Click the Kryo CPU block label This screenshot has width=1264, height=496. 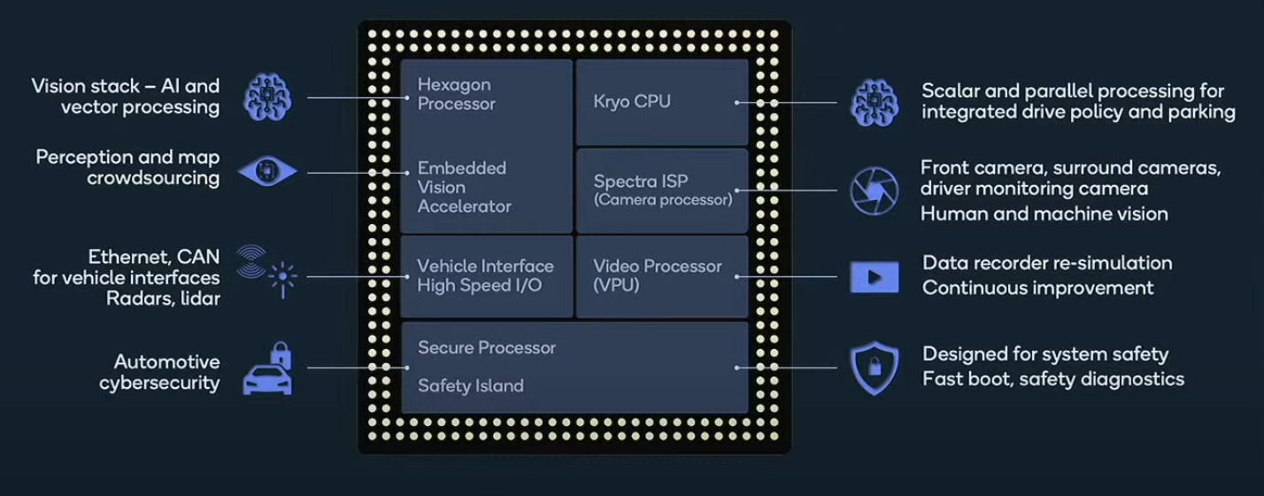pos(632,102)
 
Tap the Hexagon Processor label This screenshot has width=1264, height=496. pos(456,95)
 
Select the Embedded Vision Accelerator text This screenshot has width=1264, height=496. pos(464,187)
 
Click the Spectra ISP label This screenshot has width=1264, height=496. pos(641,182)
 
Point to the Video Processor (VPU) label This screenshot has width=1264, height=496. pos(657,275)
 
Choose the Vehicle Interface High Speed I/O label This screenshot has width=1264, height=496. pos(485,275)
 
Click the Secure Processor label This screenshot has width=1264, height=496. pos(487,347)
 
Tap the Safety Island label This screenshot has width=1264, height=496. pos(471,386)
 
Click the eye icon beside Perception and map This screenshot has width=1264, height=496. pos(267,171)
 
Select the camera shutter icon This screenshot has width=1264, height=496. pos(874,191)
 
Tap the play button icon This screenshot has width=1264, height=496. pos(874,277)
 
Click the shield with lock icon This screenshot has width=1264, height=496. pos(874,368)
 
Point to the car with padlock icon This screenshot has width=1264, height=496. pos(268,368)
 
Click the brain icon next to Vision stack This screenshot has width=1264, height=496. pos(267,97)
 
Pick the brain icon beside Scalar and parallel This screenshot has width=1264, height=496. pos(874,102)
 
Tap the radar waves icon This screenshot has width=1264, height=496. pos(251,261)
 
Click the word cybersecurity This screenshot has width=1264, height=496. pos(159,383)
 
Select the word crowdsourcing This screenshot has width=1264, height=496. pos(153,178)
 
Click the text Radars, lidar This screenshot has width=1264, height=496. pos(163,298)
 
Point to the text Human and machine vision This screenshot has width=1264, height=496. pos(1044,214)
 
